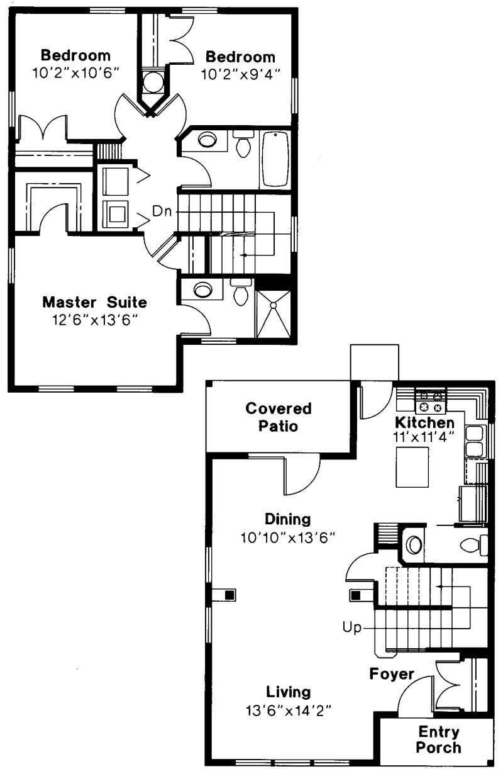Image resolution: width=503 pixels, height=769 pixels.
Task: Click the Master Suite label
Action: point(95,303)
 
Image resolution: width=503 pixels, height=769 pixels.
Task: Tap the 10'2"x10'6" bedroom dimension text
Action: point(76,73)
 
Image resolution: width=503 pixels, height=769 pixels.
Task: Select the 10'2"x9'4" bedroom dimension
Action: point(241,74)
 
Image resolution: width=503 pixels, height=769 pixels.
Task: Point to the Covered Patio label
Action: point(279,417)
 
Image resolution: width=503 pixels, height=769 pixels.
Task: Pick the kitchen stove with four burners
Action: point(431,402)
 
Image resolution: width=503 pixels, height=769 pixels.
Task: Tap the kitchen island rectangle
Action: point(412,467)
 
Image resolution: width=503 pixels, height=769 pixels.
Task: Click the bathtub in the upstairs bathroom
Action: point(275,159)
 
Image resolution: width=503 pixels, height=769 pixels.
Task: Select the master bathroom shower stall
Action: point(274,314)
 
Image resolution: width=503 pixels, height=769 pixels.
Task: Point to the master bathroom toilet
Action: point(241,292)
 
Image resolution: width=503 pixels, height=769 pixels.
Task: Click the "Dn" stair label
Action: point(162,211)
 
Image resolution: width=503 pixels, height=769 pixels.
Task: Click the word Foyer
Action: point(392,674)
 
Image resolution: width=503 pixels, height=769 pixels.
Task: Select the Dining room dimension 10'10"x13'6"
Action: point(287,537)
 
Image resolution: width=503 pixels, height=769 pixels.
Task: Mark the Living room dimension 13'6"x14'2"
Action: point(288,710)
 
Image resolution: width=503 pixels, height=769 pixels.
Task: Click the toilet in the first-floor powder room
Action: point(474,545)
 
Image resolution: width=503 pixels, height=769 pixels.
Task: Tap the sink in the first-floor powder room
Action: point(414,544)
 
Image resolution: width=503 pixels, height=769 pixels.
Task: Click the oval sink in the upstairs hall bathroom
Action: point(207,140)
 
